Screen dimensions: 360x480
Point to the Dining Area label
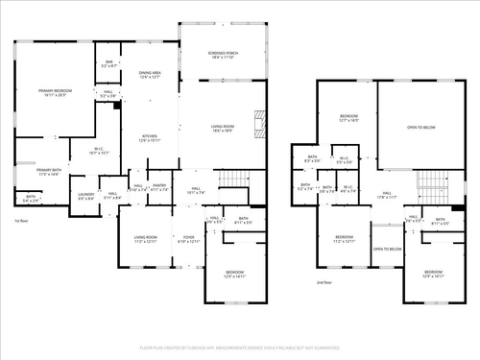(151, 75)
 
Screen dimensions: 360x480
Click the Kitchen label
(151, 138)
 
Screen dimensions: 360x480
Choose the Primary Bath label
(51, 174)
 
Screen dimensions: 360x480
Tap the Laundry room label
(85, 197)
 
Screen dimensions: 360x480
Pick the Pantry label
(159, 188)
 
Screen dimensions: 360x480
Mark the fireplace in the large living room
(256, 123)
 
